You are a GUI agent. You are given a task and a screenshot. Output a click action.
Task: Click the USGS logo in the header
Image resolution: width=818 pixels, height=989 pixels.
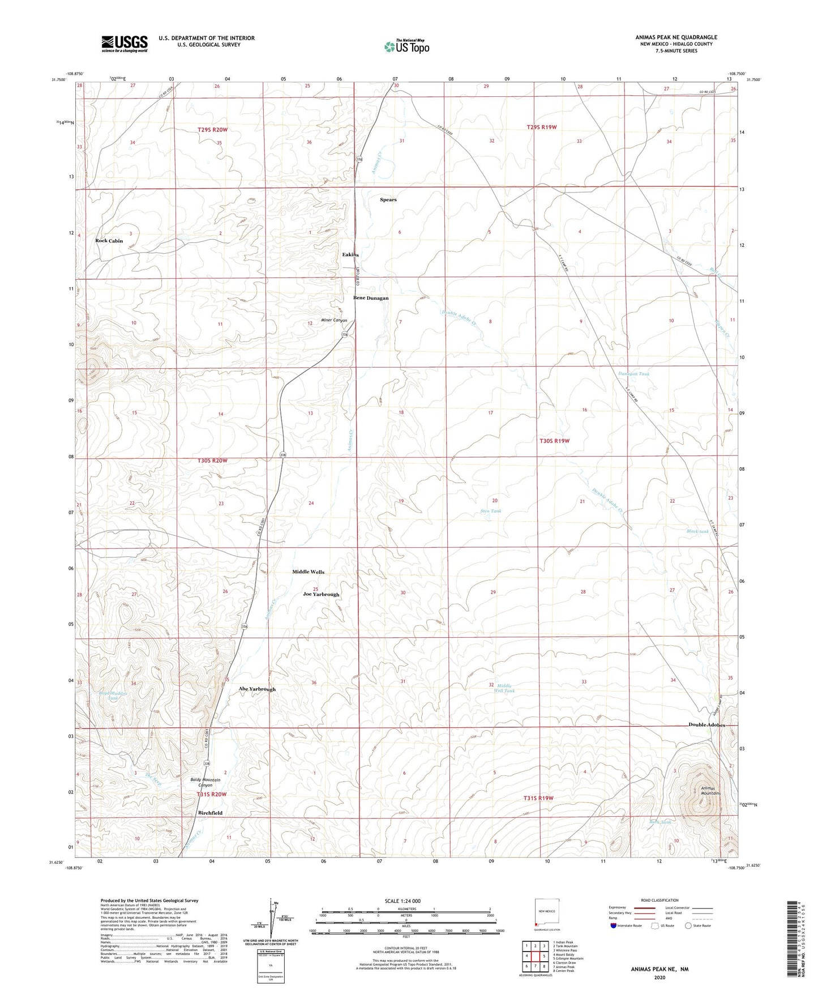point(125,44)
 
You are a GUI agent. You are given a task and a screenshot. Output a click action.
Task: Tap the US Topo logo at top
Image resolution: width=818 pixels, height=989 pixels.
point(406,46)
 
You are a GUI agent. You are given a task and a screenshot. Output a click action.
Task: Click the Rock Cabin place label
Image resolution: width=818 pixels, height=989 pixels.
point(109,241)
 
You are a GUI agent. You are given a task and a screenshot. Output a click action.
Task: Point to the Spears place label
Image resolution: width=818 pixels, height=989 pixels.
point(388,200)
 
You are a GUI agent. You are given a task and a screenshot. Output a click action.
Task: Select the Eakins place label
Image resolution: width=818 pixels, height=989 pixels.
point(350,255)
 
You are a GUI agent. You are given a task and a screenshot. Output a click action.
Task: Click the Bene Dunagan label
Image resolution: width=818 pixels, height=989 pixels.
point(371,298)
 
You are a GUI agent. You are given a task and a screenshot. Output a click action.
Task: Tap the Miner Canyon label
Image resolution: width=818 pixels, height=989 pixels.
point(334,321)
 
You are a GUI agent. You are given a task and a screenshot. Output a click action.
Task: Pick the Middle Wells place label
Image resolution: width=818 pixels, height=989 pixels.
point(308,572)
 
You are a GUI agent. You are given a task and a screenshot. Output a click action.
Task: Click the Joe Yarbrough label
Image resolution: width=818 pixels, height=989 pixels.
point(321,594)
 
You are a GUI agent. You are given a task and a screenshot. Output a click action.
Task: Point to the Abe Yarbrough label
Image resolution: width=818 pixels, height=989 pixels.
point(257,689)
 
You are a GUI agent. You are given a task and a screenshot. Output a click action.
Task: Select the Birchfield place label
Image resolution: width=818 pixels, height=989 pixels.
point(210,813)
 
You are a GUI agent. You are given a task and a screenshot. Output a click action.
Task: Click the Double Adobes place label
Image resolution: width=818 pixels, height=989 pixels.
point(706,725)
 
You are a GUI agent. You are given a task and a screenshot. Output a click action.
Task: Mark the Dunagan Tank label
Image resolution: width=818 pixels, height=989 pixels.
point(633,374)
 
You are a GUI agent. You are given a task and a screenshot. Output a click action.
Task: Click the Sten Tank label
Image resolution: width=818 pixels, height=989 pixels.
point(490,511)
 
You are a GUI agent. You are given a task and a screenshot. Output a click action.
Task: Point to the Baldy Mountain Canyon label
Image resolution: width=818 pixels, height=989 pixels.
point(205,783)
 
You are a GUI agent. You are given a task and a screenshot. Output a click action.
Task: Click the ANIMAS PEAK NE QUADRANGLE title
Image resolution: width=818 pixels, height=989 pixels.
point(676,37)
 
